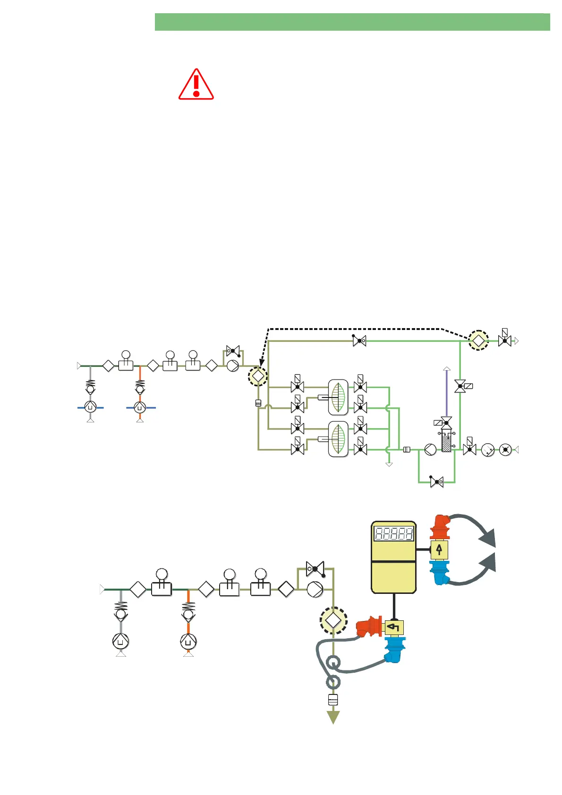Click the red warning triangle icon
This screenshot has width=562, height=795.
[x=196, y=85]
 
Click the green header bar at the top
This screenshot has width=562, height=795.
[x=352, y=22]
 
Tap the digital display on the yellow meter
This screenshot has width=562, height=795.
[x=394, y=534]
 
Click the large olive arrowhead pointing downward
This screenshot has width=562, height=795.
[x=333, y=717]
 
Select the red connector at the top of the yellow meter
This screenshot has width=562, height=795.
[x=440, y=527]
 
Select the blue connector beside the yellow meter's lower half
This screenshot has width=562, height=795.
[x=439, y=572]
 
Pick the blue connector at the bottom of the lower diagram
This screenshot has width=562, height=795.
[x=394, y=649]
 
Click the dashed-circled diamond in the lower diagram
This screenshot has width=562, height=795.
[x=333, y=620]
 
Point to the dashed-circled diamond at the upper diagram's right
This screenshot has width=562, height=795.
[x=478, y=340]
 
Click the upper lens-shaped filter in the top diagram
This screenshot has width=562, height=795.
[x=338, y=397]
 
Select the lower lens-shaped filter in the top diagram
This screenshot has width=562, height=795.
[x=338, y=439]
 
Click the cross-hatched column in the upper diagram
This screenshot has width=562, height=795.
[x=446, y=441]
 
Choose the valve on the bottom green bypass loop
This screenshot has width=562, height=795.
[x=437, y=482]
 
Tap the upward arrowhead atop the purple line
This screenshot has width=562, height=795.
[x=447, y=368]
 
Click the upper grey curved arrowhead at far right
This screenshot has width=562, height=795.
[x=488, y=539]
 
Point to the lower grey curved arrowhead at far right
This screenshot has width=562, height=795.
[x=488, y=563]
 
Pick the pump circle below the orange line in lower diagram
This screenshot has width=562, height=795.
[x=188, y=642]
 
